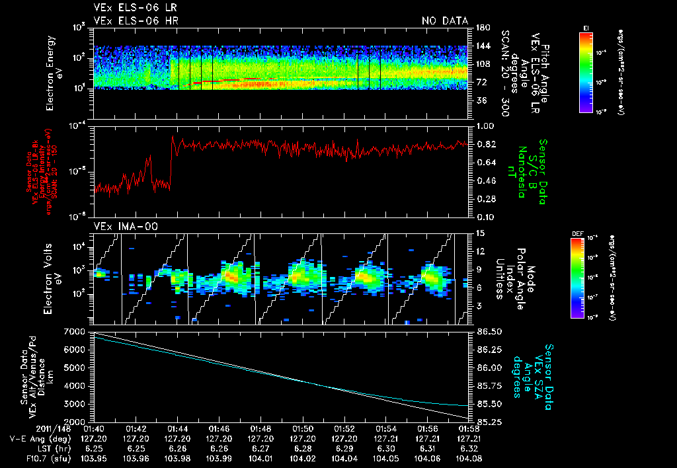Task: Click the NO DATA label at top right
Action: (x=444, y=21)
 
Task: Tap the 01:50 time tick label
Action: (x=303, y=428)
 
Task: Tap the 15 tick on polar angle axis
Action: (x=479, y=233)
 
